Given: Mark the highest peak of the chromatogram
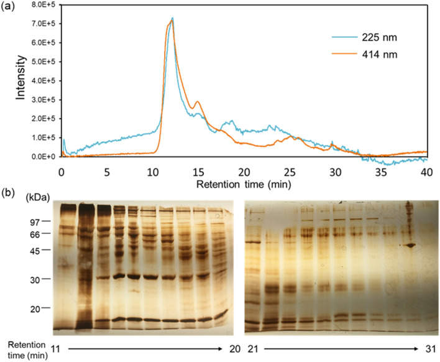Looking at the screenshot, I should (x=172, y=18).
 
